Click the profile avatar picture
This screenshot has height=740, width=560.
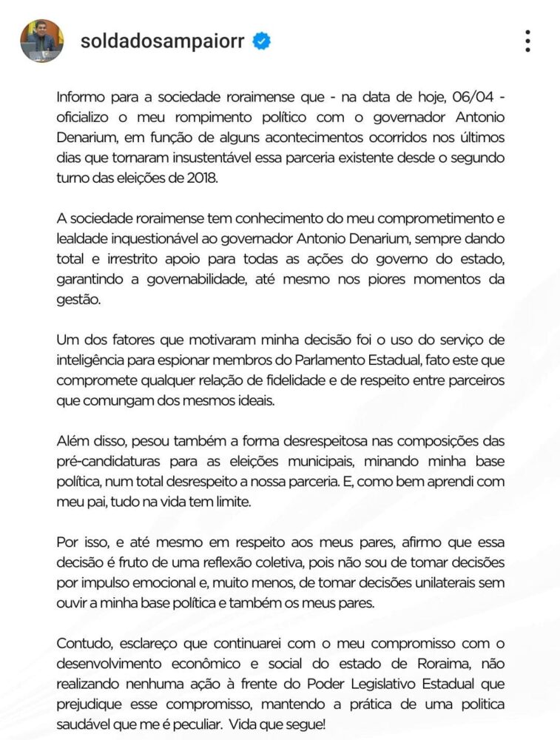point(41,41)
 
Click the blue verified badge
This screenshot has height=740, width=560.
point(261,41)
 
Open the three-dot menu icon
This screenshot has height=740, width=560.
point(527,41)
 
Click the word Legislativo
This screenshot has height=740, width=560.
point(377,682)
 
